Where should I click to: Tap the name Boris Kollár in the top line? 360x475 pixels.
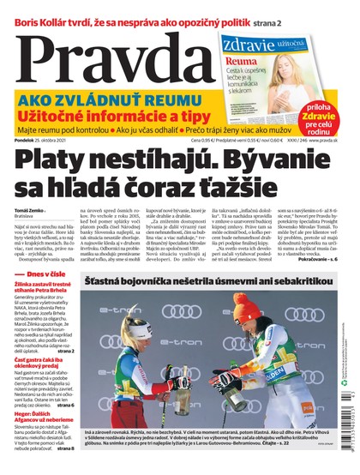click(x=43, y=9)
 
